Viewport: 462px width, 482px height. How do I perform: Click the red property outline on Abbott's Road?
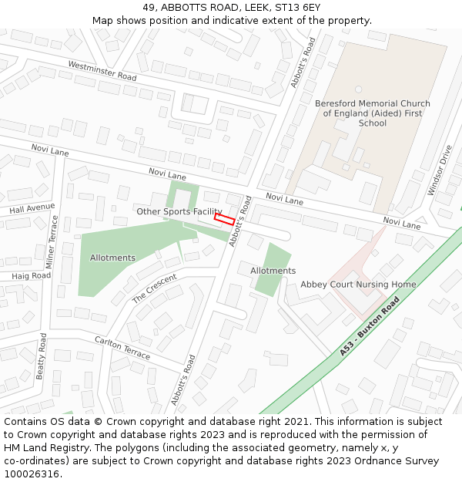coord(224,220)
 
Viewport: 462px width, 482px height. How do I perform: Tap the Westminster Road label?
coord(102,72)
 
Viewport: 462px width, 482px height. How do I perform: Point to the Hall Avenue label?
coord(32,207)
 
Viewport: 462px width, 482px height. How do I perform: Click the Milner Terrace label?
coord(52,241)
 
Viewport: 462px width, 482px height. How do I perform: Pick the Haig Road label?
coord(32,275)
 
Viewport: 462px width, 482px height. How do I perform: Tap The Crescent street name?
coord(154,288)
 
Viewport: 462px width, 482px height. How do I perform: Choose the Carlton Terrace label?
coord(122,347)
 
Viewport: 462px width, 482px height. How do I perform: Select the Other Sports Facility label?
coord(179,211)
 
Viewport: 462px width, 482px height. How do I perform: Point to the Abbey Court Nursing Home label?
coord(358,285)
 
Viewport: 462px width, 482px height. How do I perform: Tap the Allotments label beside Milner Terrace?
coord(112,258)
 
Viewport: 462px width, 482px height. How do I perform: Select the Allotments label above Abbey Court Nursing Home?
coord(273,271)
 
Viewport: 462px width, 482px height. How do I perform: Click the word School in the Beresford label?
coord(373,123)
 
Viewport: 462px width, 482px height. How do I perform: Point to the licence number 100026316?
coord(30,474)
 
